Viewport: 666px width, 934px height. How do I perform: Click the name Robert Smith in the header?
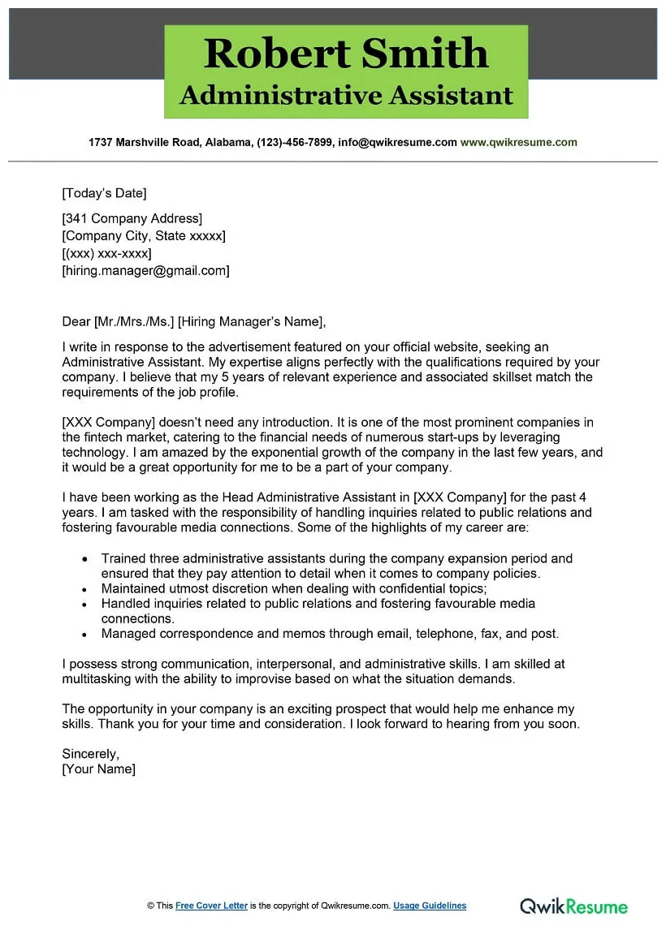click(x=346, y=54)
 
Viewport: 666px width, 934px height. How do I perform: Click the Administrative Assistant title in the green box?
click(x=346, y=96)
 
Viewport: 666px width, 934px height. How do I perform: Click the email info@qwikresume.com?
click(x=397, y=142)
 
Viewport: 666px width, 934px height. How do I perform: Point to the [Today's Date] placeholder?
click(x=104, y=193)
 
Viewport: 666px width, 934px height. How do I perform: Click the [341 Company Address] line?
click(x=132, y=218)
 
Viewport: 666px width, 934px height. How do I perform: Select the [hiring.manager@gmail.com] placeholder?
click(x=145, y=271)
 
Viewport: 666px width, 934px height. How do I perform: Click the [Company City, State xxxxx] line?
click(x=144, y=236)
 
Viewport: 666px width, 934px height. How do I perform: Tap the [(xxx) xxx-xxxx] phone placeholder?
click(x=106, y=253)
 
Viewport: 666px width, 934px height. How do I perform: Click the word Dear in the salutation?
click(x=76, y=321)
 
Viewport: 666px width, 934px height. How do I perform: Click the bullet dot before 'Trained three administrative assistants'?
click(x=84, y=559)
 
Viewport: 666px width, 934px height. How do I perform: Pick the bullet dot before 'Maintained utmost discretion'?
click(x=84, y=589)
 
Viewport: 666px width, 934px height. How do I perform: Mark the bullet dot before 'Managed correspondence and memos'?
click(x=84, y=635)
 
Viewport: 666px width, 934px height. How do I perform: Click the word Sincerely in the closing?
click(x=90, y=754)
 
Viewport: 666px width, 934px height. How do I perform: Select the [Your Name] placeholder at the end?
click(x=98, y=768)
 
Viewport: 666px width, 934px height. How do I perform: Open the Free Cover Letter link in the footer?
click(x=211, y=906)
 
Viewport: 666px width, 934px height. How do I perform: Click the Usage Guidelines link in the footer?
click(x=430, y=906)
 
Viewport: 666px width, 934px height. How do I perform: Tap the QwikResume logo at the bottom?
click(x=573, y=906)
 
